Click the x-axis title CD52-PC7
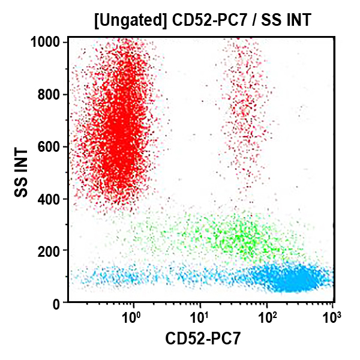click(x=203, y=340)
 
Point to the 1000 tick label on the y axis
click(x=46, y=42)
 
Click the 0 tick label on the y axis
click(x=57, y=304)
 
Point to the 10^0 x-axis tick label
click(x=132, y=315)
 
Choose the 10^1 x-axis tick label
click(x=199, y=315)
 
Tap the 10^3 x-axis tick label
click(x=332, y=315)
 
